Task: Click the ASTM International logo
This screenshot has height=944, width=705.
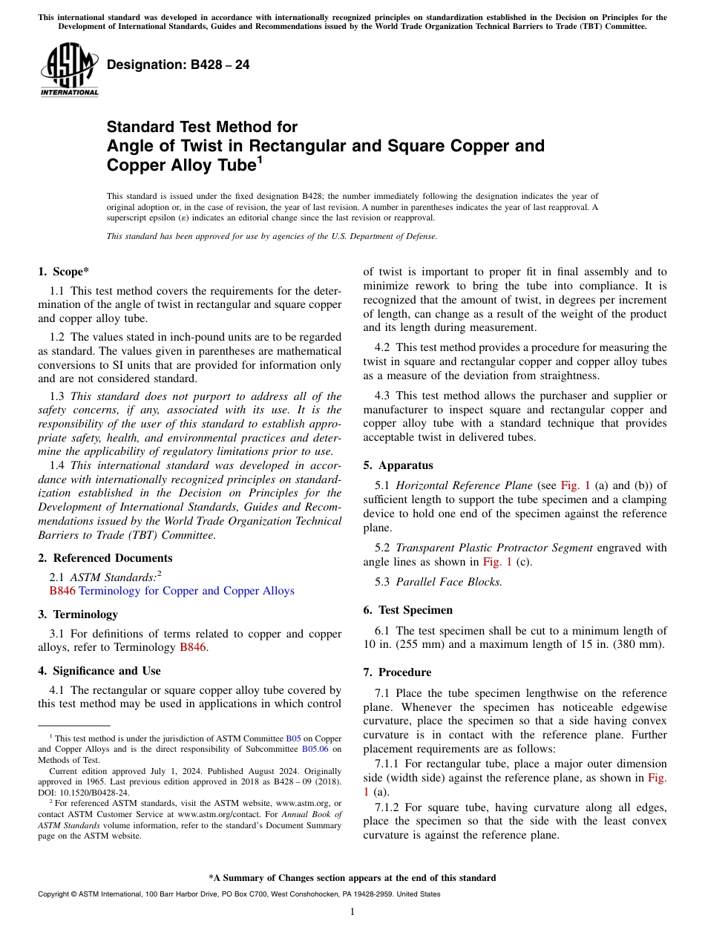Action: [69, 71]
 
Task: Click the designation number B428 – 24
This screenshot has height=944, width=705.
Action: [178, 65]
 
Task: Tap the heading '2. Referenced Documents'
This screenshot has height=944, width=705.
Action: [105, 558]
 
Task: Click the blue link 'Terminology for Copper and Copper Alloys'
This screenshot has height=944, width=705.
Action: [186, 591]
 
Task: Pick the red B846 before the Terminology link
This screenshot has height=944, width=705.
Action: [62, 591]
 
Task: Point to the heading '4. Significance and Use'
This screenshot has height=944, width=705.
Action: [99, 671]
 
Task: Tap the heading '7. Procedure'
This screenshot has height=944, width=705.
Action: [397, 672]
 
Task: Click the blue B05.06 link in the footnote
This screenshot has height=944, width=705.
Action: [315, 750]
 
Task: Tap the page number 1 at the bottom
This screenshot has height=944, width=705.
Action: [352, 911]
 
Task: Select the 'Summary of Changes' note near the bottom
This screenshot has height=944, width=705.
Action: [352, 878]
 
